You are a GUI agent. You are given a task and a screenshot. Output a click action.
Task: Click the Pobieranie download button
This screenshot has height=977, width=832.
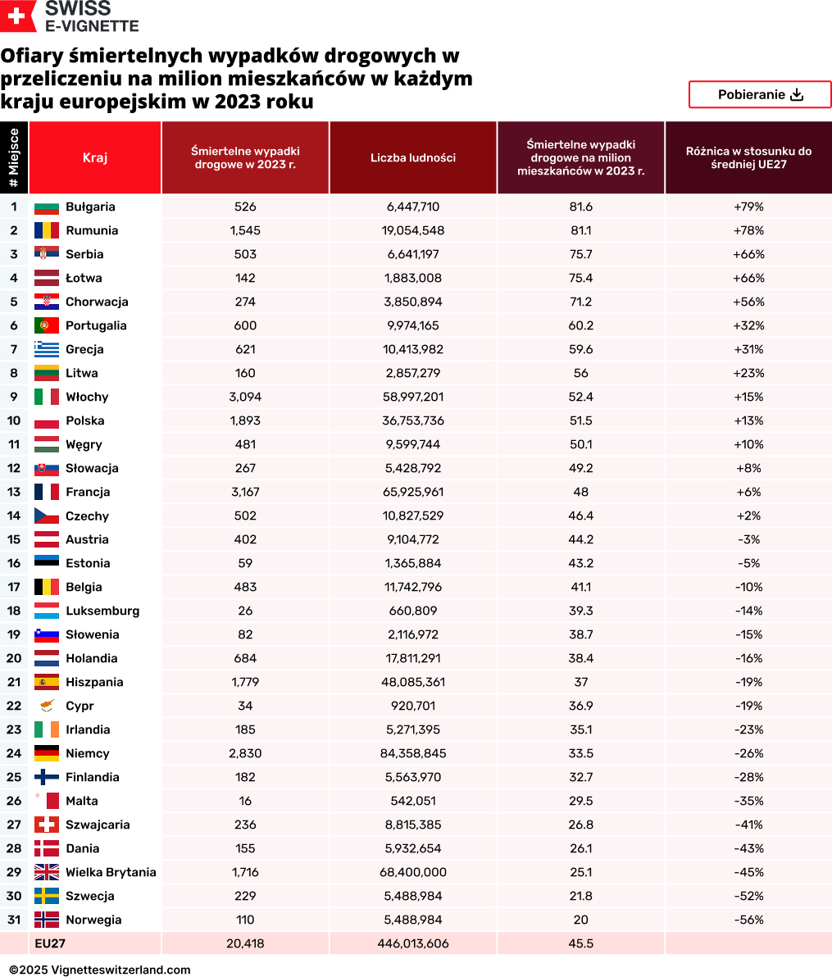click(x=760, y=94)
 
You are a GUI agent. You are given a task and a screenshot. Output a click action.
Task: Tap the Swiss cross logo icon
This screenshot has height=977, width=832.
click(x=16, y=16)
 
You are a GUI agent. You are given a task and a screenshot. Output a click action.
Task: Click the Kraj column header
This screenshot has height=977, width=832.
click(x=95, y=157)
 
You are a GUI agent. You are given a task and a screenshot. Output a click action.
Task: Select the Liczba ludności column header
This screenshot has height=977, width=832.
click(x=413, y=157)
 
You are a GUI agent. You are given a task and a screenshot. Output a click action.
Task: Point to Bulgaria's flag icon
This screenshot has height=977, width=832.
click(x=47, y=207)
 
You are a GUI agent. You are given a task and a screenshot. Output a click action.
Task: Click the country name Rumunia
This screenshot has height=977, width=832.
click(x=92, y=230)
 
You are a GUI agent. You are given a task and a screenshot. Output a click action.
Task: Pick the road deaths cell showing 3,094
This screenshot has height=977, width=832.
click(x=245, y=397)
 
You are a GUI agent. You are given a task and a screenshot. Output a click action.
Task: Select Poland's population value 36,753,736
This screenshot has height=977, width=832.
click(x=413, y=420)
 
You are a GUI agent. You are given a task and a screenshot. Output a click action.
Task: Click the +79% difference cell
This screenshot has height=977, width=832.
click(x=748, y=207)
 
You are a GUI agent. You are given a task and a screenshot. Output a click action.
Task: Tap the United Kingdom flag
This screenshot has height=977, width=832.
click(x=47, y=872)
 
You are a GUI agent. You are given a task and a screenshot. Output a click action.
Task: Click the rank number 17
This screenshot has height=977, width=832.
click(x=14, y=587)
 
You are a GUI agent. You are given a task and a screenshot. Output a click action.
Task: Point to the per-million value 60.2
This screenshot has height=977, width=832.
click(x=580, y=325)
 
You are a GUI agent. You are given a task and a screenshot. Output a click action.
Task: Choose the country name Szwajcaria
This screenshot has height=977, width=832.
click(x=98, y=825)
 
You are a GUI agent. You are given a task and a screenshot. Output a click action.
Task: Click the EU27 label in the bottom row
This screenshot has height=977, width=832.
click(x=50, y=943)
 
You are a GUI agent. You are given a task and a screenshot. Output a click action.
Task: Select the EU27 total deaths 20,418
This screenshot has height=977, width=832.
click(x=245, y=943)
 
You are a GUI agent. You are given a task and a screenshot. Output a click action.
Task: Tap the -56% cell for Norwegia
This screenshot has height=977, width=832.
click(x=748, y=920)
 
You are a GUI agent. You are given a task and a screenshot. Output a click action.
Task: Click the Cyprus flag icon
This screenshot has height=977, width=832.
click(x=47, y=706)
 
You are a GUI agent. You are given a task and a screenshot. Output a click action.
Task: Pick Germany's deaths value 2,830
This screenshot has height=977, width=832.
click(x=245, y=753)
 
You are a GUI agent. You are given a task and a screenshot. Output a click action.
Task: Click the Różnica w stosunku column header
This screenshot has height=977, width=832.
click(x=748, y=157)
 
